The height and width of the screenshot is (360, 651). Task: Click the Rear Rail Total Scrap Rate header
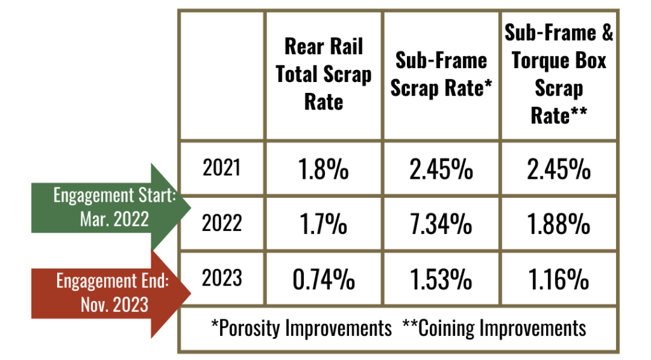point(323,74)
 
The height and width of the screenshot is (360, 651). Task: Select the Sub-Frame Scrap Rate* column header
point(441,74)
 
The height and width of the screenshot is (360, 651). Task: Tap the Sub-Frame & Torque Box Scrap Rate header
point(559,74)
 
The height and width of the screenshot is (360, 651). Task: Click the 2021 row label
point(222,168)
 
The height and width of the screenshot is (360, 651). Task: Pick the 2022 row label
point(222,223)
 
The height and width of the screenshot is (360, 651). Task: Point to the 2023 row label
point(222,278)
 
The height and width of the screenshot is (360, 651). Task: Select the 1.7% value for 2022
point(323,224)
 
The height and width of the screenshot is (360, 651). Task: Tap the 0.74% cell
point(323,279)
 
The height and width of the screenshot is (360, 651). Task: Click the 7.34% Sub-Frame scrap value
point(441,224)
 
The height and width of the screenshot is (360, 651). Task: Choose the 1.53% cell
point(441,279)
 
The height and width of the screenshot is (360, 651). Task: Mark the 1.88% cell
point(559,224)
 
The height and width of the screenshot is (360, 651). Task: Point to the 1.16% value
point(559,279)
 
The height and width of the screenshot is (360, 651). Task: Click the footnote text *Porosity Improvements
point(301,328)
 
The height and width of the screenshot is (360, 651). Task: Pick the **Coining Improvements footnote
point(494,328)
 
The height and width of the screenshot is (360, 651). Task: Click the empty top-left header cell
point(222,74)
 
